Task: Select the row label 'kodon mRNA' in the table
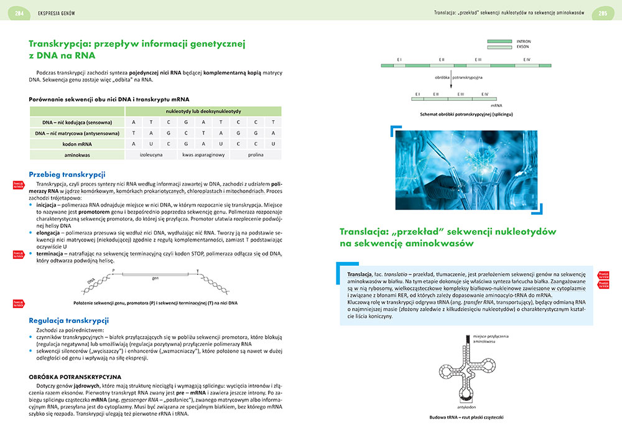coord(78,144)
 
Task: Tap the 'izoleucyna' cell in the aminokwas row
coord(151,154)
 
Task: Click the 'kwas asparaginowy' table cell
coord(203,154)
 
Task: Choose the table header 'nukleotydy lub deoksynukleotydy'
coord(203,111)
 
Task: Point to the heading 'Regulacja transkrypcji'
coord(69,320)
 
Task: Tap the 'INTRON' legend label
coord(524,41)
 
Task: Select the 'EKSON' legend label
coord(523,47)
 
